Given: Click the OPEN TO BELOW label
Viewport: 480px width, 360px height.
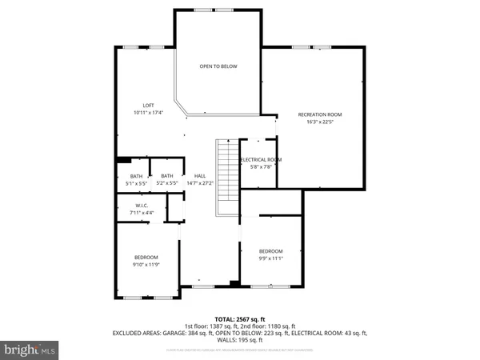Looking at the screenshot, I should [x=218, y=66].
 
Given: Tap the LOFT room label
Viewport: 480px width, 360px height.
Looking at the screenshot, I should [x=148, y=106].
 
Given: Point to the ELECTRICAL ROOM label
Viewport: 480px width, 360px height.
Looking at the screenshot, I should [x=260, y=159].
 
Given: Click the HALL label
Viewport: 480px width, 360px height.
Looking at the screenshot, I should [x=200, y=176].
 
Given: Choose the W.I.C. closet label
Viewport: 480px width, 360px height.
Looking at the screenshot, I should [x=141, y=206].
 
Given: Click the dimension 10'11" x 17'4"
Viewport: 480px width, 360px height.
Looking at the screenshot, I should [x=148, y=113].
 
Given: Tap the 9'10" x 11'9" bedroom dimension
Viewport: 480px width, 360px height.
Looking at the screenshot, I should [x=146, y=264].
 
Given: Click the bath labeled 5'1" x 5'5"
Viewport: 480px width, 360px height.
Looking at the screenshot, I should [x=137, y=183].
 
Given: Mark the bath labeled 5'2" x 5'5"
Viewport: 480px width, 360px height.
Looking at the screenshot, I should [x=166, y=183].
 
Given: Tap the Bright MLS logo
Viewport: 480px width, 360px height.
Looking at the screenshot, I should [x=30, y=350].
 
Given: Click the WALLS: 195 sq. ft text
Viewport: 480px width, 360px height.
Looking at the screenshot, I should [x=240, y=342].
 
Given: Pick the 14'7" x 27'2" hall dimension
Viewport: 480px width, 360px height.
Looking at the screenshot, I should [x=200, y=183].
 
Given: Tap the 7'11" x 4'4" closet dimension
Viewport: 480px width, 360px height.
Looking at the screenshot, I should [x=141, y=213].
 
